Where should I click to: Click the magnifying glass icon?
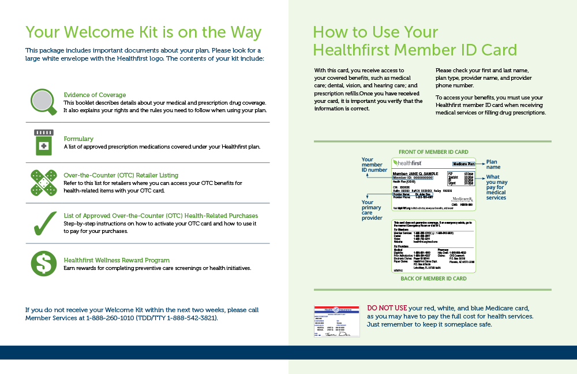point(43,102)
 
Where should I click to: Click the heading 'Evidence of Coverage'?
point(95,95)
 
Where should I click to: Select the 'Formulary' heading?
point(78,139)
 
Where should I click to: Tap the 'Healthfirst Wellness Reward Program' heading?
point(117,260)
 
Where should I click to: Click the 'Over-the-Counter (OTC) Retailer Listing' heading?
point(121,175)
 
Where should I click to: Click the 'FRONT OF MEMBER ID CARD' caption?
point(433,151)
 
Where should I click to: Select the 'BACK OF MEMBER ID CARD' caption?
point(433,279)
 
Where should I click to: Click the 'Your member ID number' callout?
point(374,165)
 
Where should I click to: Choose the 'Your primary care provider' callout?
point(372,210)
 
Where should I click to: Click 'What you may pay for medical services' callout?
point(496,187)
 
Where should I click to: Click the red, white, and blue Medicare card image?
point(336,321)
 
